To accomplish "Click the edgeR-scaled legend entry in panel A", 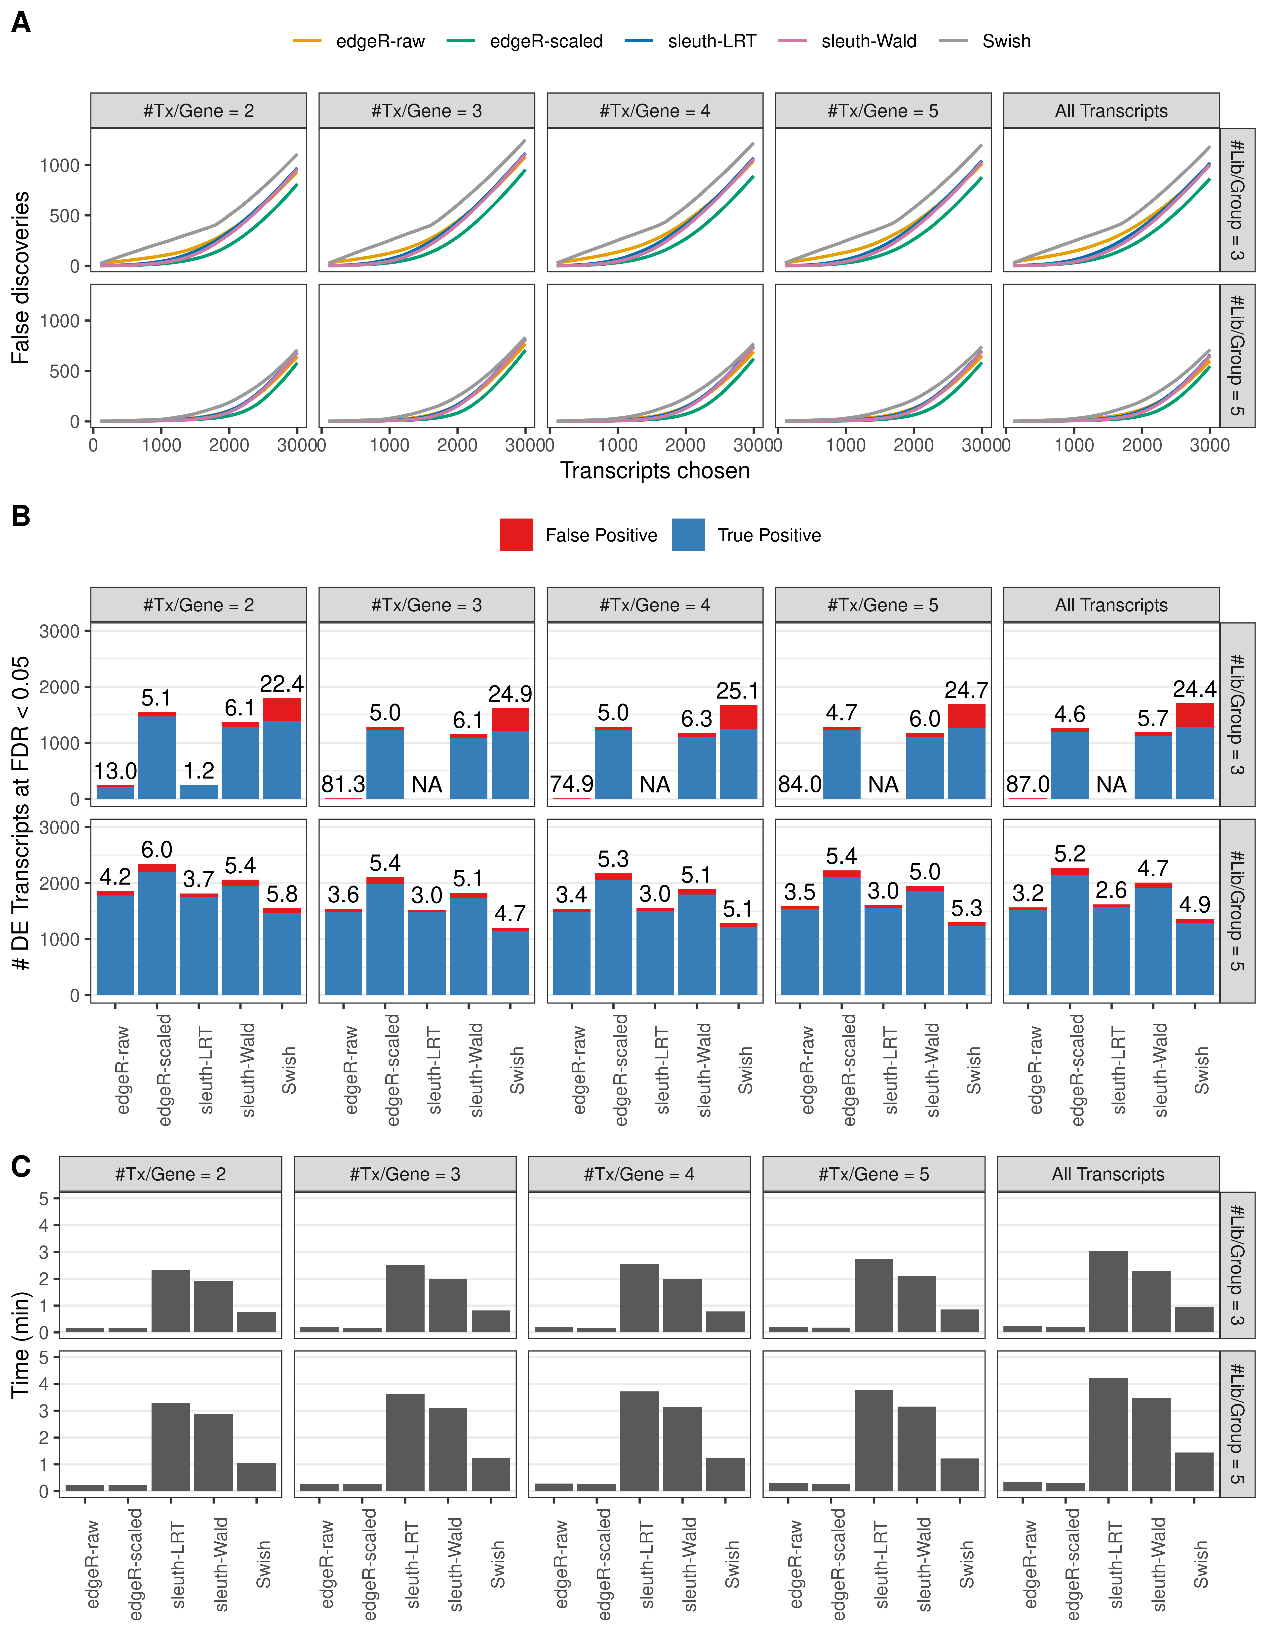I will pos(546,41).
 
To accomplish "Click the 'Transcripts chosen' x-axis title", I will pos(655,471).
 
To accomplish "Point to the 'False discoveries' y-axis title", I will pos(21,278).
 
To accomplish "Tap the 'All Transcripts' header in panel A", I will pos(1111,111).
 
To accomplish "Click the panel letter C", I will pos(21,1166).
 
